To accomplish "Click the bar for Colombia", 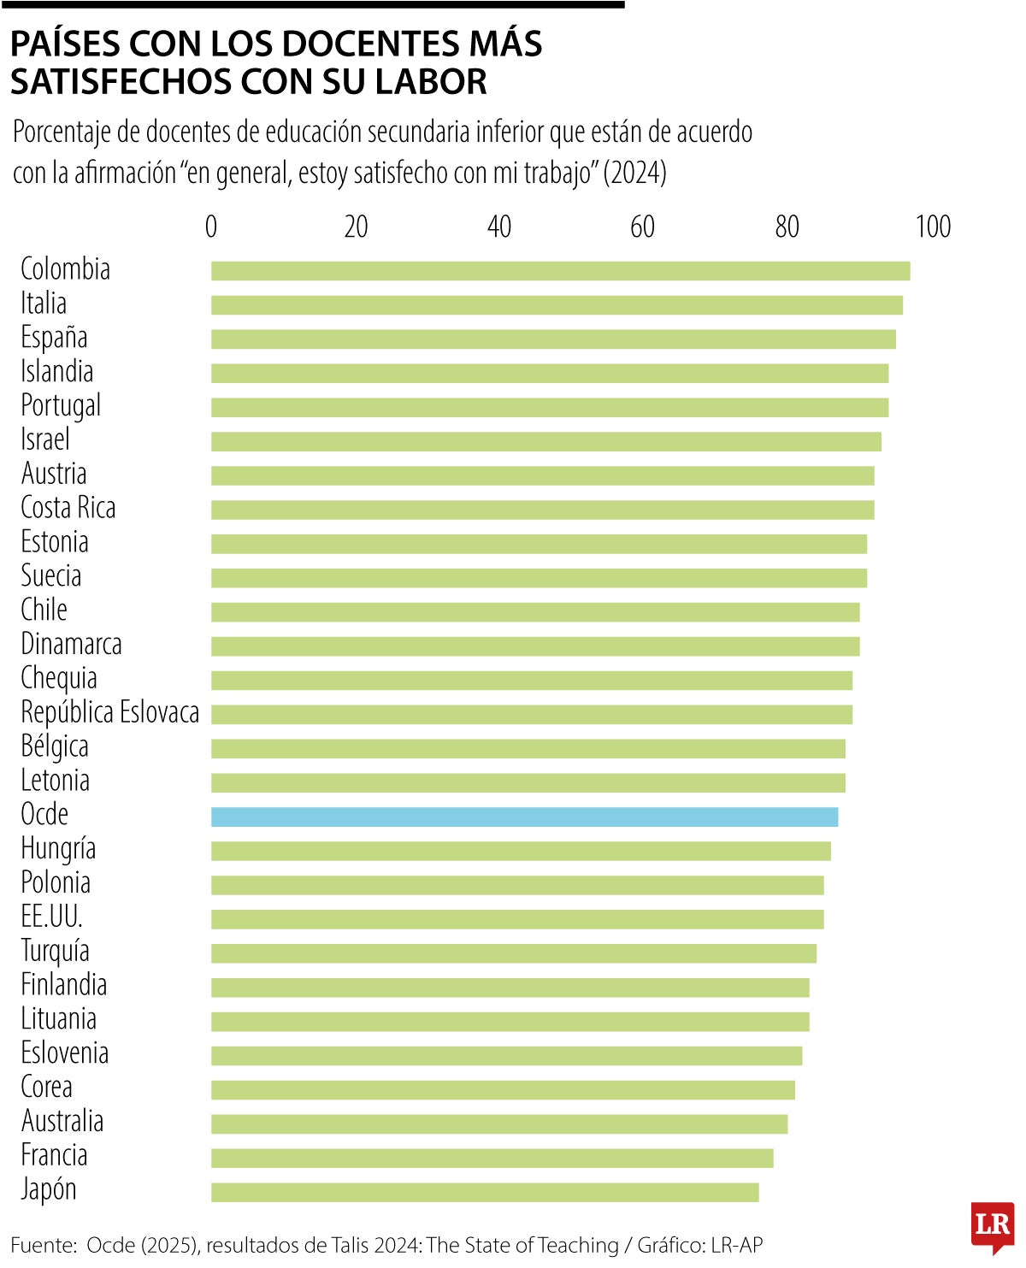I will [560, 271].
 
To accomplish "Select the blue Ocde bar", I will [524, 817].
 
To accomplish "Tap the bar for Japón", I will [485, 1192].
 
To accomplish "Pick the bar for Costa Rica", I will [542, 510].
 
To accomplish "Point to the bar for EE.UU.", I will [517, 919].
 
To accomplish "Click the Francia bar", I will [492, 1158].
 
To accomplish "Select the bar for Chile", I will [535, 612].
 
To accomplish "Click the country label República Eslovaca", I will [109, 712].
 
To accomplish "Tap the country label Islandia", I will [56, 372].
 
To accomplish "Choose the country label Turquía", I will [55, 951].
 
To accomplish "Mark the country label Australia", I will [62, 1121].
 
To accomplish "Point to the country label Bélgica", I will [54, 746].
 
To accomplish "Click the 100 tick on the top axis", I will [933, 227].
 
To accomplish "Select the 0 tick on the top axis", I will [211, 227].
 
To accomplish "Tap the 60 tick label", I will [642, 227].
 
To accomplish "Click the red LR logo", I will [993, 1225].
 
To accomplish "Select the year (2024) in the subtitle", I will [634, 173].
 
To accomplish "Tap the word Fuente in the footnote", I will [42, 1245].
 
